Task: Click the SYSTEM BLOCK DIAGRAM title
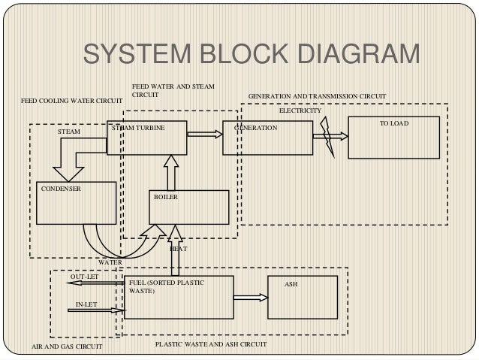(252, 56)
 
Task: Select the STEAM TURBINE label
(137, 129)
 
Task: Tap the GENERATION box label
(256, 129)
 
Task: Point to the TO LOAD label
(394, 123)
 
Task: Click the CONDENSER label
(61, 189)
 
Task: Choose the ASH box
(298, 296)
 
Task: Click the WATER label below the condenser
(110, 262)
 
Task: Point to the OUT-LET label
(84, 277)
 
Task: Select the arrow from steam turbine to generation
(205, 135)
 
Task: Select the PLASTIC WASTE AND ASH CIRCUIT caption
(210, 343)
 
